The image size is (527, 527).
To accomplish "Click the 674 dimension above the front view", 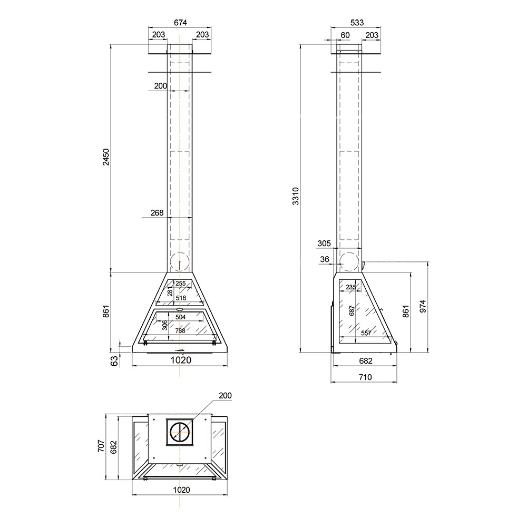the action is [180, 23].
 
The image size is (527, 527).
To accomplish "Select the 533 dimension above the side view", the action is [357, 23].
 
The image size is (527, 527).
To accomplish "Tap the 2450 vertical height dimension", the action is [106, 157].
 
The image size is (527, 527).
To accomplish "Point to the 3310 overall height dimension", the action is [296, 196].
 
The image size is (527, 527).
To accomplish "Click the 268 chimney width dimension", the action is [157, 213].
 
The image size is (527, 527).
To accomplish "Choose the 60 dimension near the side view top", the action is [345, 35].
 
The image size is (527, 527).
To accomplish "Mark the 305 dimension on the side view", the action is [324, 243].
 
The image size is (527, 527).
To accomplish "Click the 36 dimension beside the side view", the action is [325, 259].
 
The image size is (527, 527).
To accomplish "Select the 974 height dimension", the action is [423, 307].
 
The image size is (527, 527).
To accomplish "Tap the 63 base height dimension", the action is [114, 361].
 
